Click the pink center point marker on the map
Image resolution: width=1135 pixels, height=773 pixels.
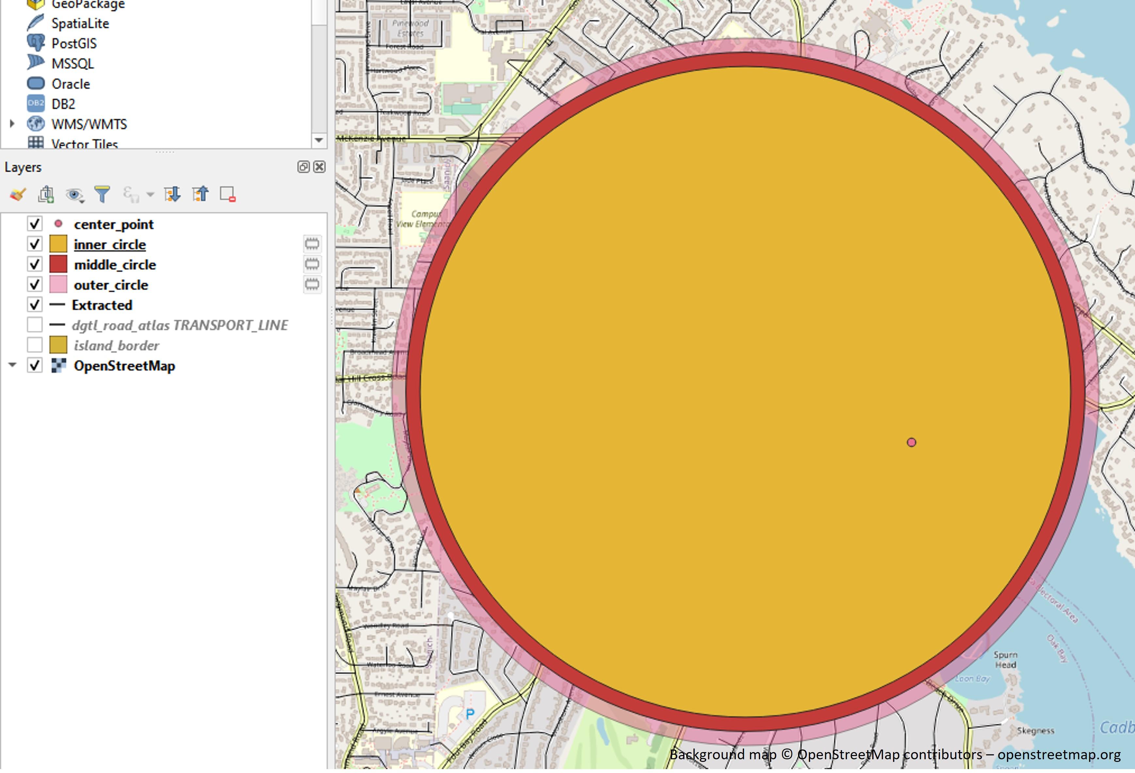911,443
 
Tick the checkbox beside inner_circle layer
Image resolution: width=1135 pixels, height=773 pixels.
35,244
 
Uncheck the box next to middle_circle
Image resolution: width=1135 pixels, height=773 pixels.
35,264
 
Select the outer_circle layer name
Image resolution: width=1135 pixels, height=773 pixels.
111,285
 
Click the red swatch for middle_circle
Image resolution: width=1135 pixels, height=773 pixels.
58,264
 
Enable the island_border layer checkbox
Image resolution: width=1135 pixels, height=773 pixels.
35,345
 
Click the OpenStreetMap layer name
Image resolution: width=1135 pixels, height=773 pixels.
124,366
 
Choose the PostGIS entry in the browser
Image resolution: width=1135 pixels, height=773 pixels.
74,43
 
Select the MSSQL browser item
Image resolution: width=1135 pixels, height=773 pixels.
72,63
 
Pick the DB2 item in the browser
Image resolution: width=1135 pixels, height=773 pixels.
63,104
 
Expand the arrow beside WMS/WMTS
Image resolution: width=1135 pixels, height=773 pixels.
12,124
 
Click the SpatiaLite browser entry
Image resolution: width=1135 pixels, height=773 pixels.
80,24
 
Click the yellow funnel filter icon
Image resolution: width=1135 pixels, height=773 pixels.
102,194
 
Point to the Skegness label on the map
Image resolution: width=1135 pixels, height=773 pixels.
1035,731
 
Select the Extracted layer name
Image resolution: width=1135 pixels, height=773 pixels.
102,305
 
